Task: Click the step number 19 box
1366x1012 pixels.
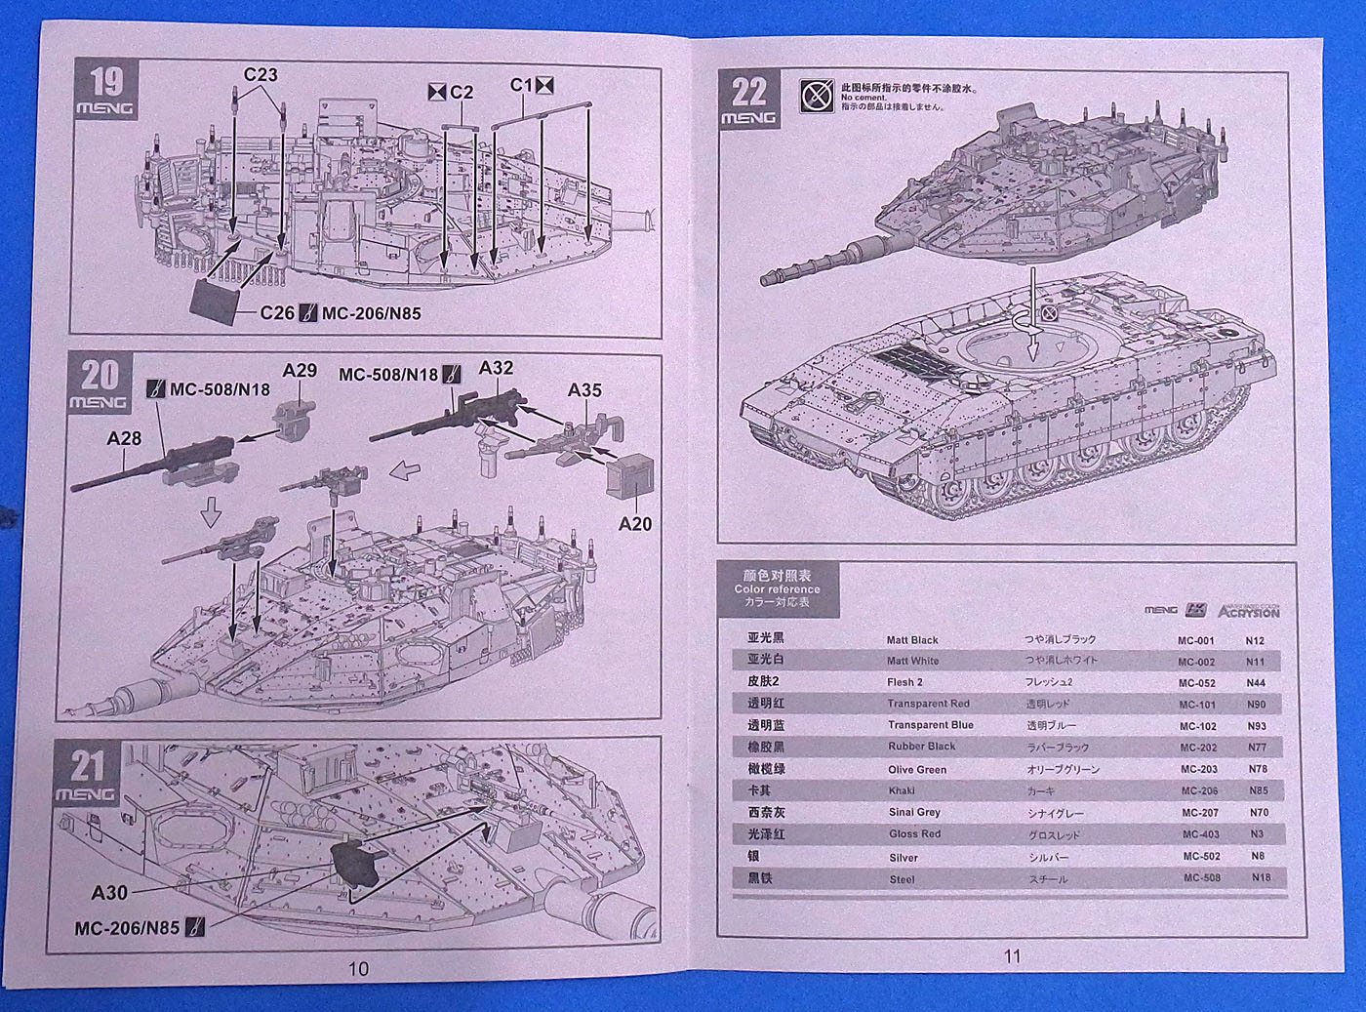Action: coord(106,90)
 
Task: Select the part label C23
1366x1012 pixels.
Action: coord(261,75)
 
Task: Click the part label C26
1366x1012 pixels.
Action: coord(278,313)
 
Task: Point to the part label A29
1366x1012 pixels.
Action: coord(300,371)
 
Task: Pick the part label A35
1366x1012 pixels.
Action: coord(584,390)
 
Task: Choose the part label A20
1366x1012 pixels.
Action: coord(635,524)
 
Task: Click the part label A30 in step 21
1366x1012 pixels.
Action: coord(109,892)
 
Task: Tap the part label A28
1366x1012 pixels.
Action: coord(124,438)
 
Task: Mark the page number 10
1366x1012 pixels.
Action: coord(358,968)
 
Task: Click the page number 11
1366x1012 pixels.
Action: coord(1012,956)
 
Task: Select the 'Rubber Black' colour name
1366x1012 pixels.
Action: coord(921,747)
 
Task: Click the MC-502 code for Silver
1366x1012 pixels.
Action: coord(1201,857)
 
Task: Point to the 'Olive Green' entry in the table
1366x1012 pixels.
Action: coord(916,769)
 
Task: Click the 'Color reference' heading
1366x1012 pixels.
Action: coord(777,589)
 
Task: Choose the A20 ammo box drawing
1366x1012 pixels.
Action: coord(629,478)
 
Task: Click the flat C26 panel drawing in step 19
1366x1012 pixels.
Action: coord(214,302)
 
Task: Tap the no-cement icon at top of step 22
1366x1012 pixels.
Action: coord(816,96)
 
